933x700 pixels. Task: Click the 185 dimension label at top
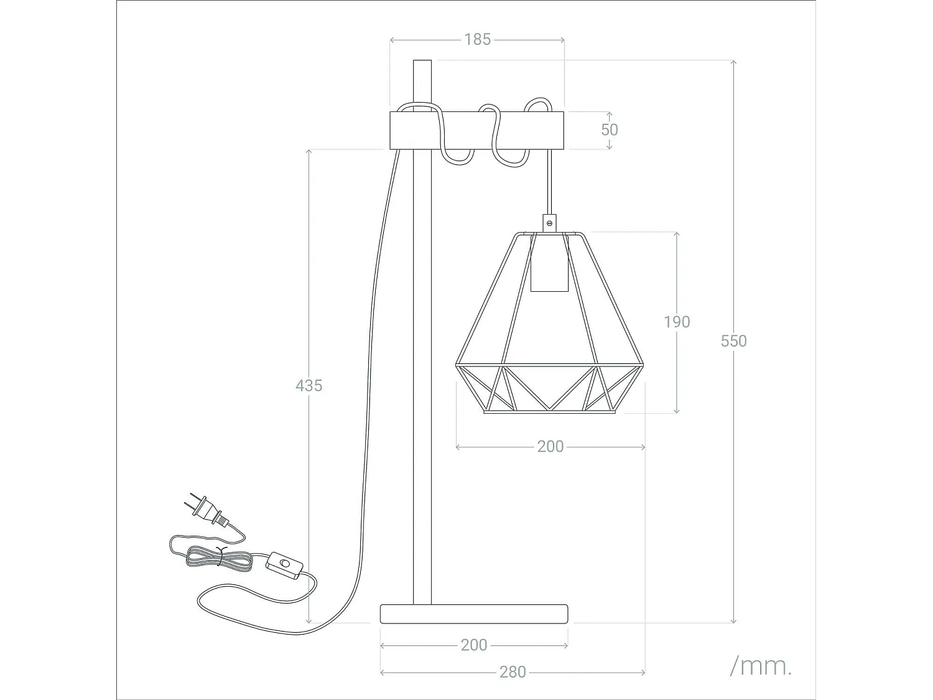pyautogui.click(x=477, y=39)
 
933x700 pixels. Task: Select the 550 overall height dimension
pyautogui.click(x=733, y=341)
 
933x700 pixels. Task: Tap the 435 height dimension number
pyautogui.click(x=309, y=386)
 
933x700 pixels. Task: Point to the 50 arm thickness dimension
pyautogui.click(x=609, y=129)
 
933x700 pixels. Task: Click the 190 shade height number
pyautogui.click(x=677, y=322)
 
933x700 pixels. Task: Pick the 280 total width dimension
pyautogui.click(x=513, y=672)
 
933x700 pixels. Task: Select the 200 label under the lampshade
pyautogui.click(x=550, y=446)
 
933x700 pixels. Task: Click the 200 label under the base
pyautogui.click(x=473, y=645)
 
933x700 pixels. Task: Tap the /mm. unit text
pyautogui.click(x=761, y=666)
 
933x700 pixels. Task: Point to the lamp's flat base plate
pyautogui.click(x=474, y=614)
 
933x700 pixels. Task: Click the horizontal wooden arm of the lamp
pyautogui.click(x=476, y=130)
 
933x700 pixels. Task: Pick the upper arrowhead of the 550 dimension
pyautogui.click(x=733, y=63)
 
